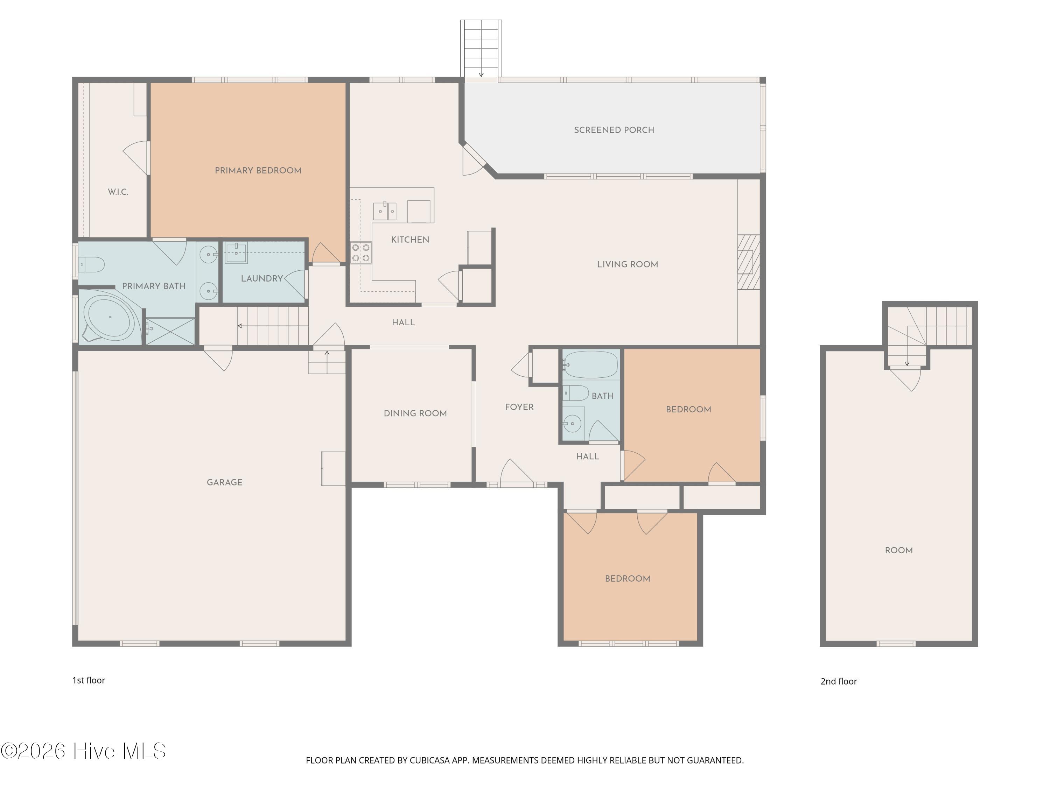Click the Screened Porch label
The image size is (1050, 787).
click(614, 130)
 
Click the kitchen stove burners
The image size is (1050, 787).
click(361, 253)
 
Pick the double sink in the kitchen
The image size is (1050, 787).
click(385, 211)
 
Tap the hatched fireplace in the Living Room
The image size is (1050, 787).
click(749, 262)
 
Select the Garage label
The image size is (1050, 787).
click(225, 482)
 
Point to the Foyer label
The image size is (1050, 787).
click(519, 407)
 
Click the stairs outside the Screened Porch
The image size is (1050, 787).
click(481, 48)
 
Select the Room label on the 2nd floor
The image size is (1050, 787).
click(898, 550)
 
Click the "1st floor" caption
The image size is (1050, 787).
click(89, 680)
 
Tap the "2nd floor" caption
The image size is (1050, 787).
click(839, 681)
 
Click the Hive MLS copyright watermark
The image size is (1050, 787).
click(84, 751)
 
